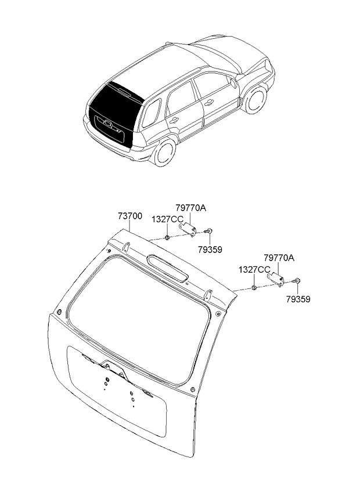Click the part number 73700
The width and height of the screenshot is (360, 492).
click(x=130, y=216)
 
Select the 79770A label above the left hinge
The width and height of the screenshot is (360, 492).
click(x=191, y=208)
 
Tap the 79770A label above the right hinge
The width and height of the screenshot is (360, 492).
click(x=279, y=258)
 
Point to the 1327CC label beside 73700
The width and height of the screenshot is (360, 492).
click(x=167, y=219)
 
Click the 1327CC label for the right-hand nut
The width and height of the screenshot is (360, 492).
click(x=254, y=270)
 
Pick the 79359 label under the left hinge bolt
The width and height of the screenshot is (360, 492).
click(x=210, y=249)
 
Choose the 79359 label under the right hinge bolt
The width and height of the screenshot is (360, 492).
click(x=298, y=299)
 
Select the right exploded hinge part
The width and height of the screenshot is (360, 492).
click(x=275, y=279)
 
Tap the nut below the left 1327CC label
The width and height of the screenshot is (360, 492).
click(x=167, y=237)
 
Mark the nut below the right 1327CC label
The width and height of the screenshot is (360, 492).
click(x=255, y=287)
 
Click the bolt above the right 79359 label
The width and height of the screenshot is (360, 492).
click(x=296, y=281)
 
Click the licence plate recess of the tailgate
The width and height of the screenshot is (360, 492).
click(x=117, y=390)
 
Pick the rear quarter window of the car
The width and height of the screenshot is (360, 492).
click(x=152, y=113)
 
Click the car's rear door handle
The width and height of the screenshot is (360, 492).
click(x=174, y=120)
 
